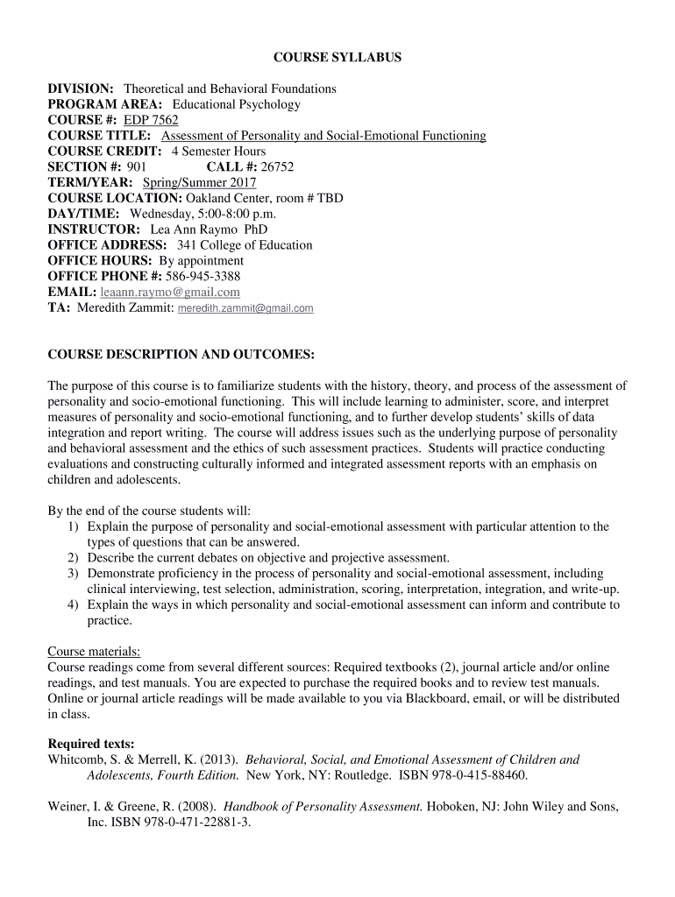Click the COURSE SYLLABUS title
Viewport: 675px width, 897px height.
pos(337,57)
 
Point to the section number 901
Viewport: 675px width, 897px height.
pos(137,166)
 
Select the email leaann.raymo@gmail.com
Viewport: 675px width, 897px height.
pos(170,292)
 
